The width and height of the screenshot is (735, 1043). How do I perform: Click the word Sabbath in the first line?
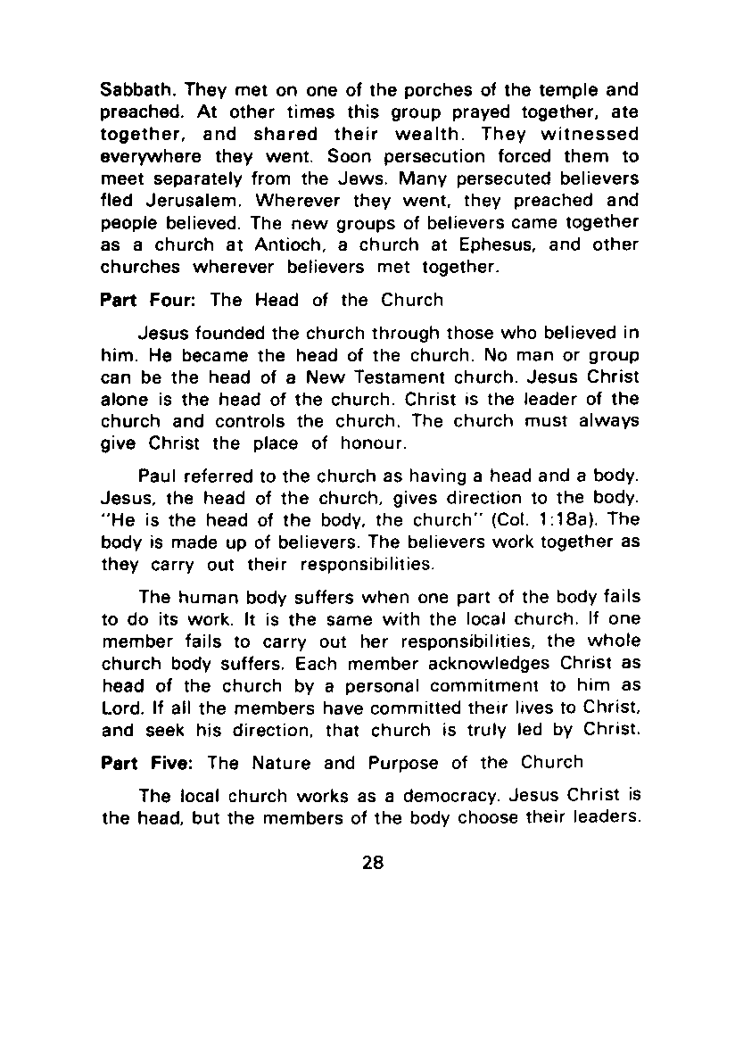point(130,92)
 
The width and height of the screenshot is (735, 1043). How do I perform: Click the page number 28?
point(373,863)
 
